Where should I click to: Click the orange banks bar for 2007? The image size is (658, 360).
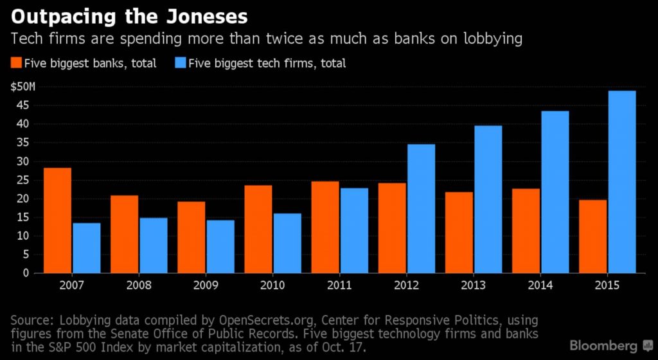pos(57,221)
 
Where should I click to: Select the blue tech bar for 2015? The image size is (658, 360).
pos(621,182)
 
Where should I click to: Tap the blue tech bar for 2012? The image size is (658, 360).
pos(421,209)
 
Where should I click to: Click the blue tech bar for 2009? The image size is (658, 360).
pos(220,247)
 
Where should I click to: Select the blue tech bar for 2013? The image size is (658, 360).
pos(488,199)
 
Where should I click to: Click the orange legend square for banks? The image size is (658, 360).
pos(15,63)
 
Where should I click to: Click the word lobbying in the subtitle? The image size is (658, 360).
pos(490,39)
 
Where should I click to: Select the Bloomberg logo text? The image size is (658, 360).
pos(602,345)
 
